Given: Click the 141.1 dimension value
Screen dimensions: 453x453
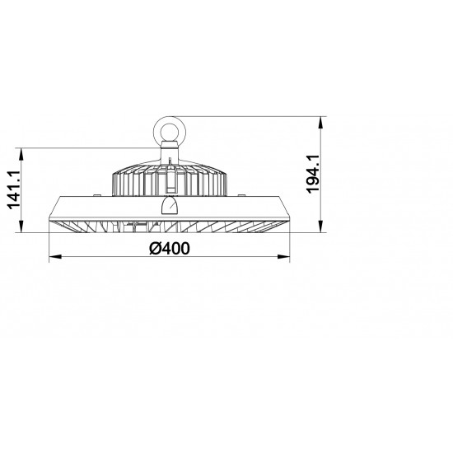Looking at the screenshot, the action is point(14,189).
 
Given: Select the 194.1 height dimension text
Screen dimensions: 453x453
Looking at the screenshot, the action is point(313,174).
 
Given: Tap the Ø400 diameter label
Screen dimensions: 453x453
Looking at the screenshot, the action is point(170,249).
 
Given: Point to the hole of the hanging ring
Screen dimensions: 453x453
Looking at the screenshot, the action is point(170,133).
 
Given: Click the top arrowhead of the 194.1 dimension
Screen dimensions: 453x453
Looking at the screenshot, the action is point(320,123).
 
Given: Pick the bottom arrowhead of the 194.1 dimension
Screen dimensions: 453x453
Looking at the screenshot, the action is point(320,226).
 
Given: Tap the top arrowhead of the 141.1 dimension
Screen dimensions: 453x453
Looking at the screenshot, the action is point(21,154).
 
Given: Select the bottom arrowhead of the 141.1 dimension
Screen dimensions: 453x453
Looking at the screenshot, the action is point(21,226).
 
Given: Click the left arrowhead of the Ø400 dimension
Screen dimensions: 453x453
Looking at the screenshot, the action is point(55,256).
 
